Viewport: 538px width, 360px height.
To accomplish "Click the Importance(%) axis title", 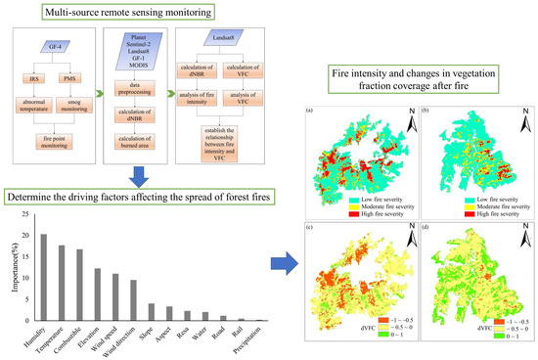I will [13, 265].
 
